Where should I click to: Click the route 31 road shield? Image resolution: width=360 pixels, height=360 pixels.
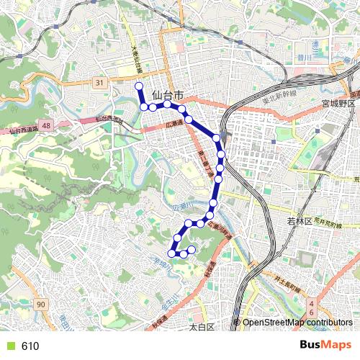99,84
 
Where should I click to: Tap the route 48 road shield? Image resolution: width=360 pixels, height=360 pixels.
46,125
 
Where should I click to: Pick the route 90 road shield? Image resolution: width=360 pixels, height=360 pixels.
41,306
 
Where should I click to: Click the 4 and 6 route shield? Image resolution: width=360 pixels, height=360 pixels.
311,310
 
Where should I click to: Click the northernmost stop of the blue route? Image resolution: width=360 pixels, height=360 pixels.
139,86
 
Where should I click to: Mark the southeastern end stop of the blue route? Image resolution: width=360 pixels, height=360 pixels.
192,250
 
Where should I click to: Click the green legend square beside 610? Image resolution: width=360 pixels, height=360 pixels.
9,346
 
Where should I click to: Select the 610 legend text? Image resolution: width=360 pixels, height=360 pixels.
30,346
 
